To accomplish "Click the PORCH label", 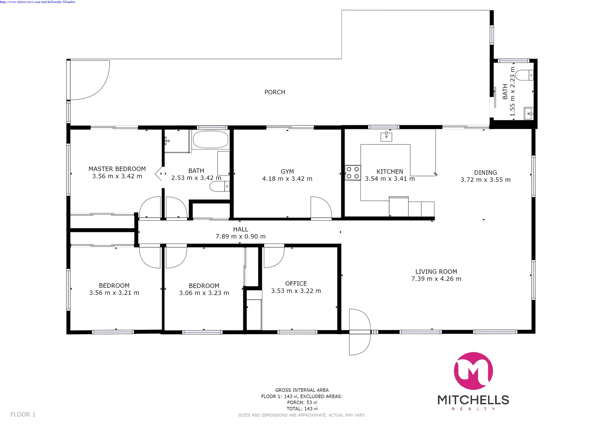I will (275, 92).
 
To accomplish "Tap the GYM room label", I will (287, 172).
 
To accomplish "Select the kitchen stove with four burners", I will (353, 172).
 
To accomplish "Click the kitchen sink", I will (386, 137).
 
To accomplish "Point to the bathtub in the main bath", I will (210, 140).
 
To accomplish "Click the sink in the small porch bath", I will (528, 113).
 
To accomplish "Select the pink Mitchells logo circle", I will (473, 371).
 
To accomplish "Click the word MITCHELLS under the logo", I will (473, 400).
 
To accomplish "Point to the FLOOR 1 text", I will (23, 414).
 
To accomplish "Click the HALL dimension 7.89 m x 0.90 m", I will (240, 236).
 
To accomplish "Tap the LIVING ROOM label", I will (436, 272).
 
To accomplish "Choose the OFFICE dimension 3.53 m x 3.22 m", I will (296, 291).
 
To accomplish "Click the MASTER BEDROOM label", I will (117, 169).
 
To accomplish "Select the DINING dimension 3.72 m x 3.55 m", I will (485, 180).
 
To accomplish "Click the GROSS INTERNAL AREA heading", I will (302, 390).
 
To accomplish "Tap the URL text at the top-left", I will (38, 2).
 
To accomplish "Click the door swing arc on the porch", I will (95, 85).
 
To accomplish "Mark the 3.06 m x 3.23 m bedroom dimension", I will (204, 293).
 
